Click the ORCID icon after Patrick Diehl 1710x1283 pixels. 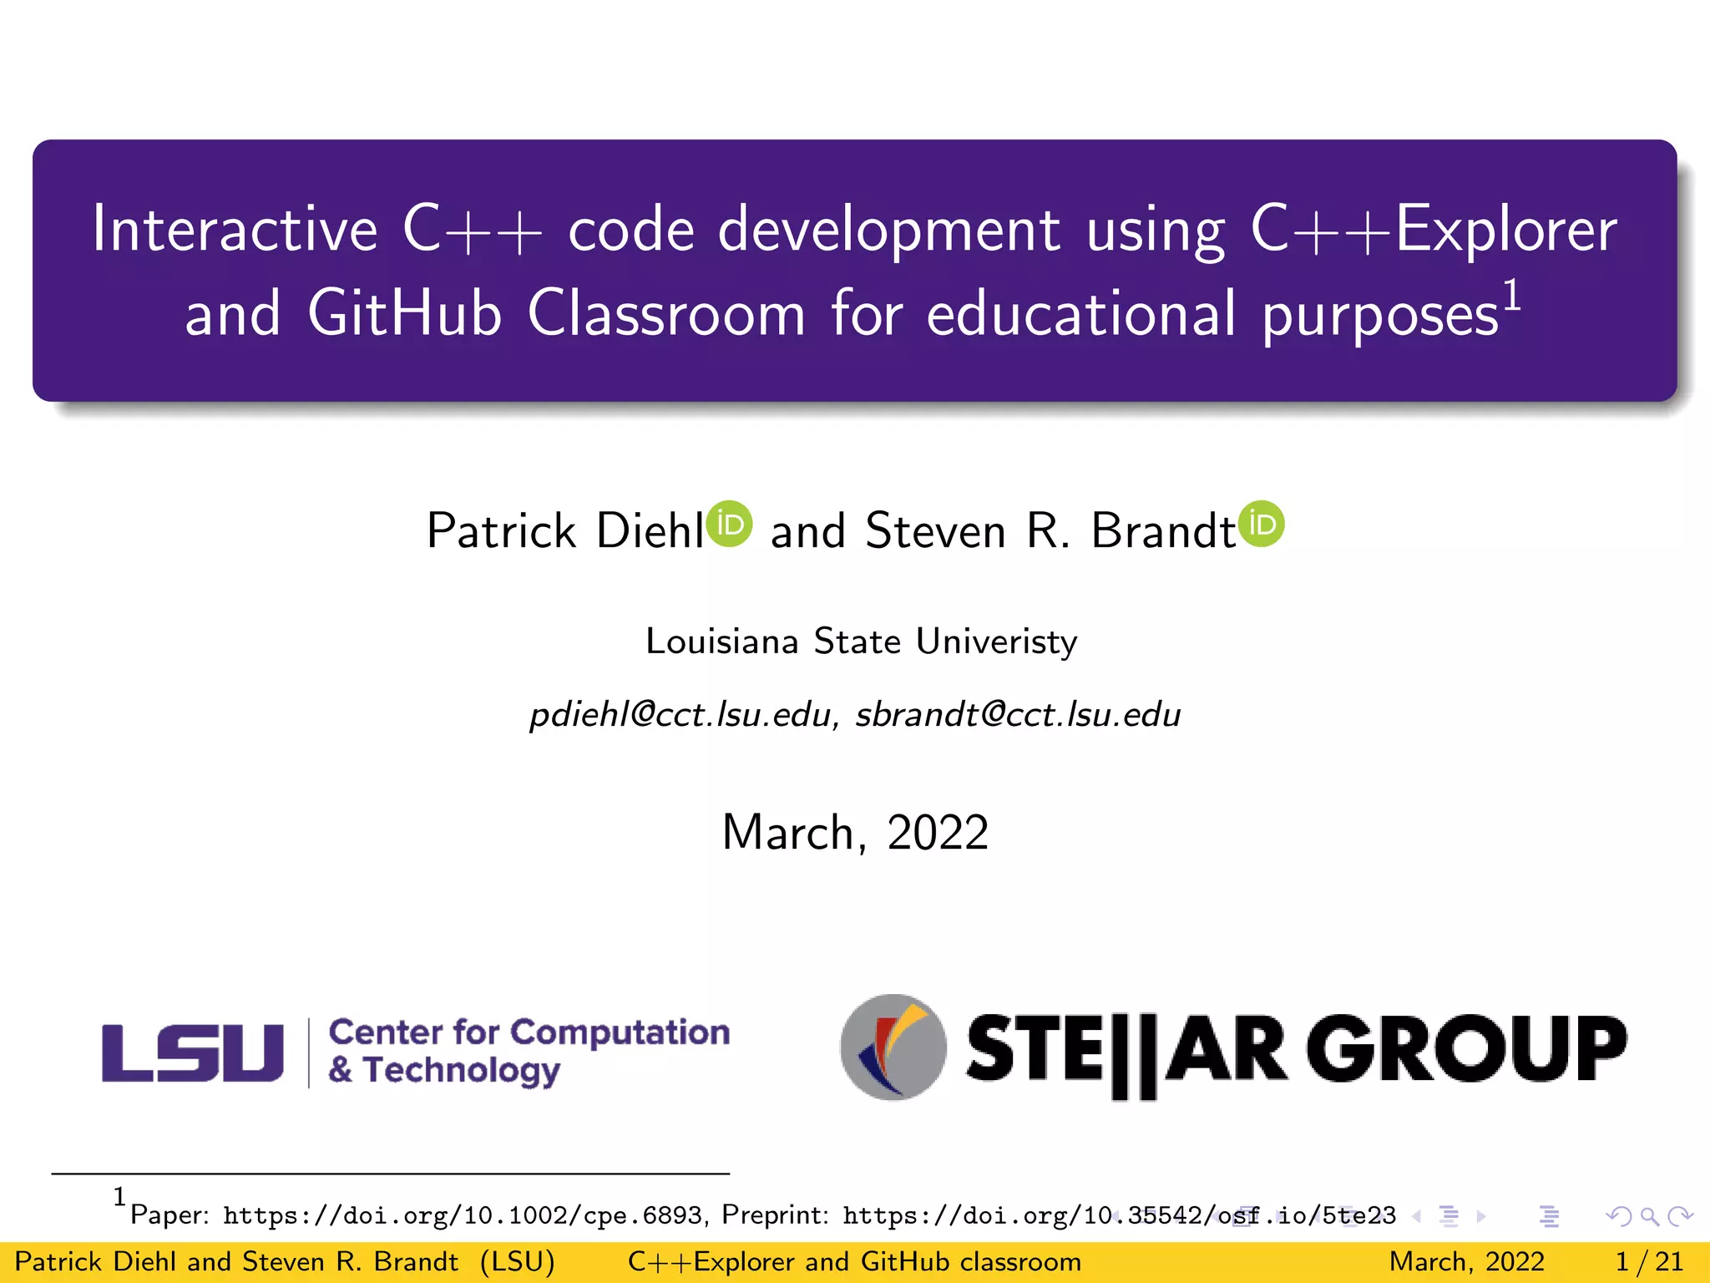pyautogui.click(x=730, y=524)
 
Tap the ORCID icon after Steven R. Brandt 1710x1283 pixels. pyautogui.click(x=1262, y=524)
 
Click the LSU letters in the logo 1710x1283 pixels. pyautogui.click(x=193, y=1052)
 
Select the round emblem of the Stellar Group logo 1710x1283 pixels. pyautogui.click(x=893, y=1047)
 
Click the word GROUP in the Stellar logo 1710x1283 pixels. pyautogui.click(x=1466, y=1048)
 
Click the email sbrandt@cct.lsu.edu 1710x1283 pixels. pyautogui.click(x=1018, y=715)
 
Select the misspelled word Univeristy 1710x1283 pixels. pyautogui.click(x=996, y=641)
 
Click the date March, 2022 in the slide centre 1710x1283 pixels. pyautogui.click(x=855, y=833)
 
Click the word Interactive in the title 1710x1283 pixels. pyautogui.click(x=235, y=229)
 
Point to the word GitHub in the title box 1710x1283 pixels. pyautogui.click(x=405, y=314)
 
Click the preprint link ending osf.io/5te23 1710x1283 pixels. pyautogui.click(x=1119, y=1215)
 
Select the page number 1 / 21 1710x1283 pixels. pyautogui.click(x=1649, y=1261)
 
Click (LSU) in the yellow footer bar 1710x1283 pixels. pyautogui.click(x=518, y=1261)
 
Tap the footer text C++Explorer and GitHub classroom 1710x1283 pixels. pyautogui.click(x=854, y=1261)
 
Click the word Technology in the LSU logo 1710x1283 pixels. pyautogui.click(x=462, y=1071)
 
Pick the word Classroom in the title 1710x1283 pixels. pyautogui.click(x=666, y=314)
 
